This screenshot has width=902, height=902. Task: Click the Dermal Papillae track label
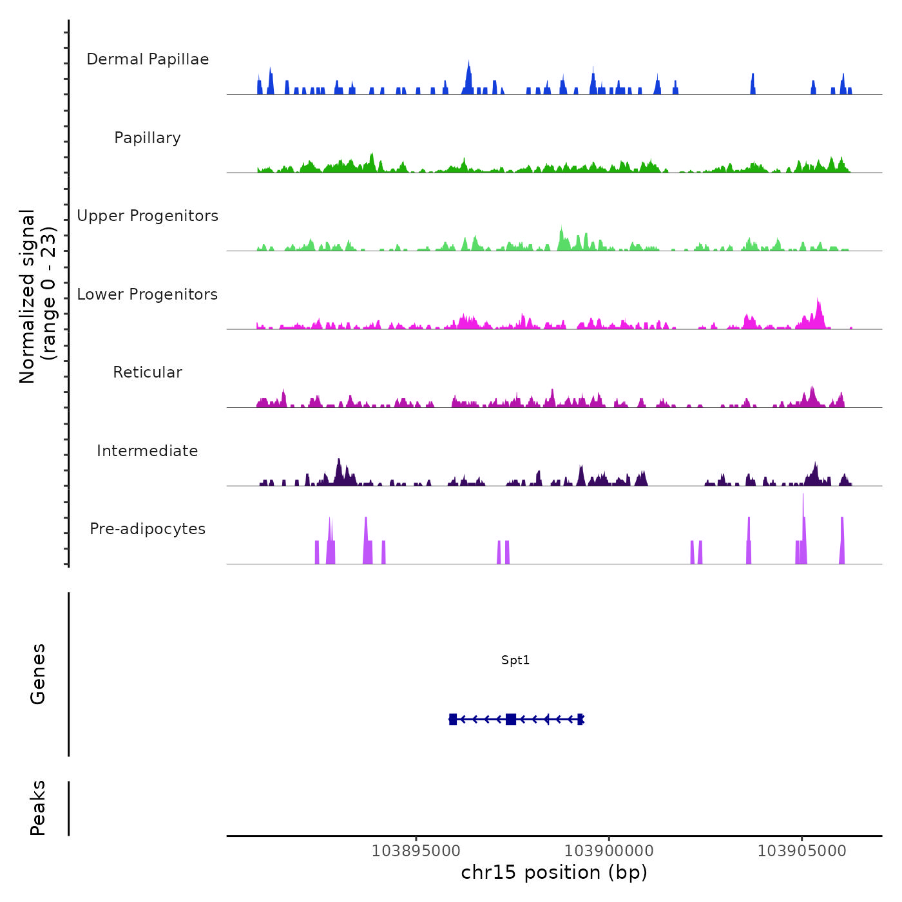148,59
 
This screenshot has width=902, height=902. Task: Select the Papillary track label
148,138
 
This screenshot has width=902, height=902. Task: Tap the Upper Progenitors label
148,216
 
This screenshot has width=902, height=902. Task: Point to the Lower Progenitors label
148,294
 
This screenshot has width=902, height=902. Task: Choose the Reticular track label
148,372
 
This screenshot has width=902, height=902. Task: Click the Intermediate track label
148,451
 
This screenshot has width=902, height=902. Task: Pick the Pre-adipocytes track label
148,529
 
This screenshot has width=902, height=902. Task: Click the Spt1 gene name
515,660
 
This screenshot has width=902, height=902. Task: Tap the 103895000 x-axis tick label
416,850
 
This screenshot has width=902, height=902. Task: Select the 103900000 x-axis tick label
609,850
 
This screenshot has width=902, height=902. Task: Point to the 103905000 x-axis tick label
802,850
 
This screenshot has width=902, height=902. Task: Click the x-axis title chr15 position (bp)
554,872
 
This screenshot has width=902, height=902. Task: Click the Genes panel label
38,674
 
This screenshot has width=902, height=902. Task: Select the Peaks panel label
38,808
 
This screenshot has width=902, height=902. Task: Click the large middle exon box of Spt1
511,719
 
